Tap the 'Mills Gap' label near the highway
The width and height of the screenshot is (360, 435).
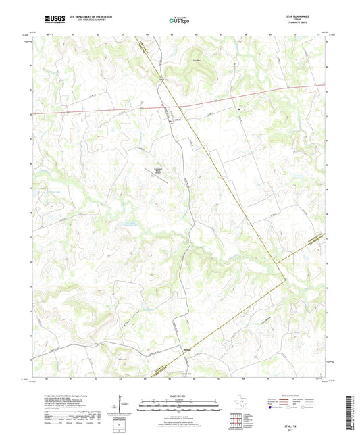coord(163,80)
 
